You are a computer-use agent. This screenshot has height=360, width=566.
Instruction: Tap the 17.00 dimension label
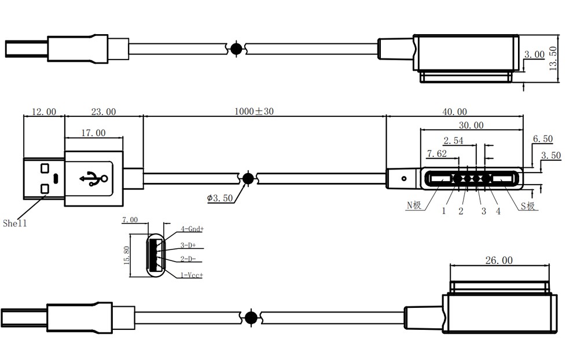coord(93,133)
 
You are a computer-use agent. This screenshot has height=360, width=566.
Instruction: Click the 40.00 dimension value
coord(455,112)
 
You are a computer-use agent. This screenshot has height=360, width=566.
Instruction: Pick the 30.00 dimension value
coord(471,125)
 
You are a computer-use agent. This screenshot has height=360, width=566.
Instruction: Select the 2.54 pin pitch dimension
coord(454,140)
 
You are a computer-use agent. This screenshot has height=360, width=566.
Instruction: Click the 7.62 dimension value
coord(437,153)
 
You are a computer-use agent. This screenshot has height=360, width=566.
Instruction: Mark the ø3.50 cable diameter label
coord(220,198)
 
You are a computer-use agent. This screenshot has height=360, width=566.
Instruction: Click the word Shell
coord(15,223)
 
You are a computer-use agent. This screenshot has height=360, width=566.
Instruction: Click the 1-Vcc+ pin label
coord(191,275)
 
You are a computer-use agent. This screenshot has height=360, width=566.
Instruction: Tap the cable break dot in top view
coord(236,49)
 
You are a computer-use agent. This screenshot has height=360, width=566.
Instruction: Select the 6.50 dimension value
coord(543,139)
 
